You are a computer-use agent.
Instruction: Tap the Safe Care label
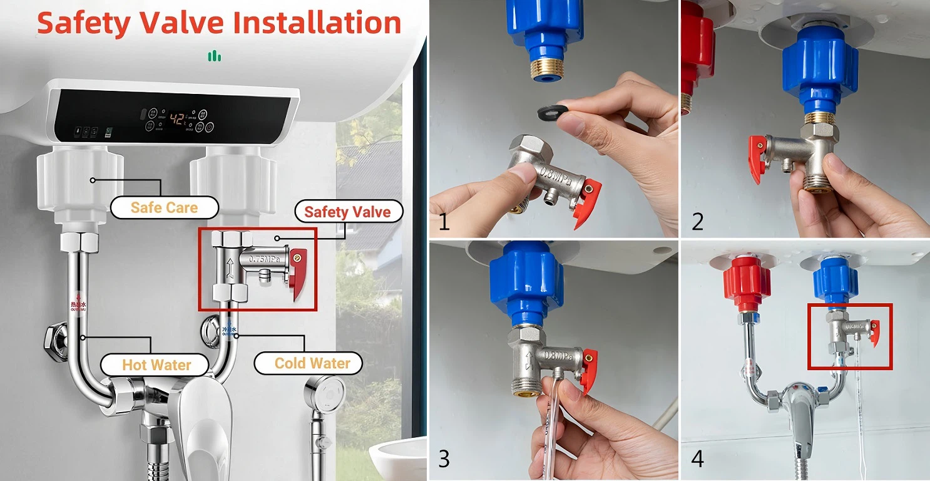(x=164, y=207)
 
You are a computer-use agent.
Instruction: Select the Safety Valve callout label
(x=347, y=212)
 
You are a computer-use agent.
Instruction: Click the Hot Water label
(x=156, y=365)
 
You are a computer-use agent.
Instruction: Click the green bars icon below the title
(x=215, y=56)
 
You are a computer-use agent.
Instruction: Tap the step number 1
(x=444, y=222)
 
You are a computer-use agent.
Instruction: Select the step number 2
(x=697, y=222)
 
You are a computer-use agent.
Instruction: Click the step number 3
(x=444, y=459)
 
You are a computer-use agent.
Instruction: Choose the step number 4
(x=697, y=459)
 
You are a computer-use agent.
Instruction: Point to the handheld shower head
(x=324, y=391)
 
